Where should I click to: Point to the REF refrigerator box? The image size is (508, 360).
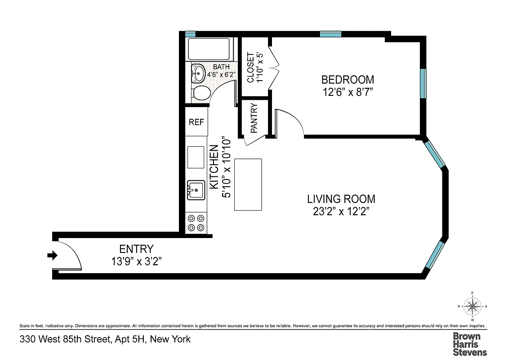[196, 121]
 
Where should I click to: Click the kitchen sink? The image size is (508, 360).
[196, 190]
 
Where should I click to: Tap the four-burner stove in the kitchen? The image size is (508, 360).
[196, 222]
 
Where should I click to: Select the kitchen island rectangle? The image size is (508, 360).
[248, 184]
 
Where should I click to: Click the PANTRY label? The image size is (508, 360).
[254, 118]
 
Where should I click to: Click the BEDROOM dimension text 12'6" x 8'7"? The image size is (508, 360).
[348, 92]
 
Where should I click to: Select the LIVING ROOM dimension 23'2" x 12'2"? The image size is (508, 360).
[341, 211]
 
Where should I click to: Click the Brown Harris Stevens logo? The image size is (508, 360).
[469, 344]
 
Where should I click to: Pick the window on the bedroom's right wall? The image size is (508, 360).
[423, 83]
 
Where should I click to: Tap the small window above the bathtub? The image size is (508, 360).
[190, 34]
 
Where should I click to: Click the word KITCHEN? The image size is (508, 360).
[214, 166]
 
